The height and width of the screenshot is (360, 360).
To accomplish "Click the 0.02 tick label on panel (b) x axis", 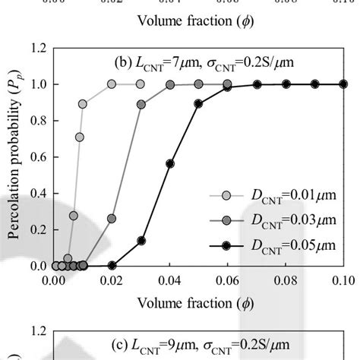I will [x=112, y=279].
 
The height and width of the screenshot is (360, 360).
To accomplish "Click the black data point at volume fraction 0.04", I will [x=170, y=164].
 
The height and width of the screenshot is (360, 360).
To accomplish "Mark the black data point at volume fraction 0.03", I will [x=141, y=241].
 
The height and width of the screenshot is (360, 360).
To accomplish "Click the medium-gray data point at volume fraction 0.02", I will [x=112, y=219].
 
